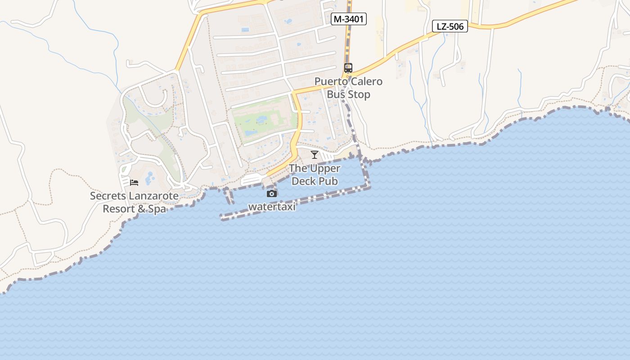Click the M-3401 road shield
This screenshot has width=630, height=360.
[348, 19]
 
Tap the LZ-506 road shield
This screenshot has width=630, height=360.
[450, 27]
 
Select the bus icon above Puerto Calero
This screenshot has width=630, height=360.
[348, 68]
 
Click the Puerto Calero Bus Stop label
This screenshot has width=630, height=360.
[348, 88]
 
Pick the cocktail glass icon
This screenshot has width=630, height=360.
[315, 155]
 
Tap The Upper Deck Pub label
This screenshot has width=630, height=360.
[315, 175]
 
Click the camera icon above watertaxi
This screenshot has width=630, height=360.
[272, 193]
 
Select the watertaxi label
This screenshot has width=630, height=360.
[272, 207]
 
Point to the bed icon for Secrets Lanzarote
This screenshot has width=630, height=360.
[134, 182]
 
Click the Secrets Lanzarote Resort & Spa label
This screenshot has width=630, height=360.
[134, 202]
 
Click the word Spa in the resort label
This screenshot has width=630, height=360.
[156, 209]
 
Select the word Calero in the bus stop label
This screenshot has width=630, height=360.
[365, 81]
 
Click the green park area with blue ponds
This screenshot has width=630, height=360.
[263, 119]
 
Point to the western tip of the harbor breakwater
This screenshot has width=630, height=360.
[222, 217]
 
